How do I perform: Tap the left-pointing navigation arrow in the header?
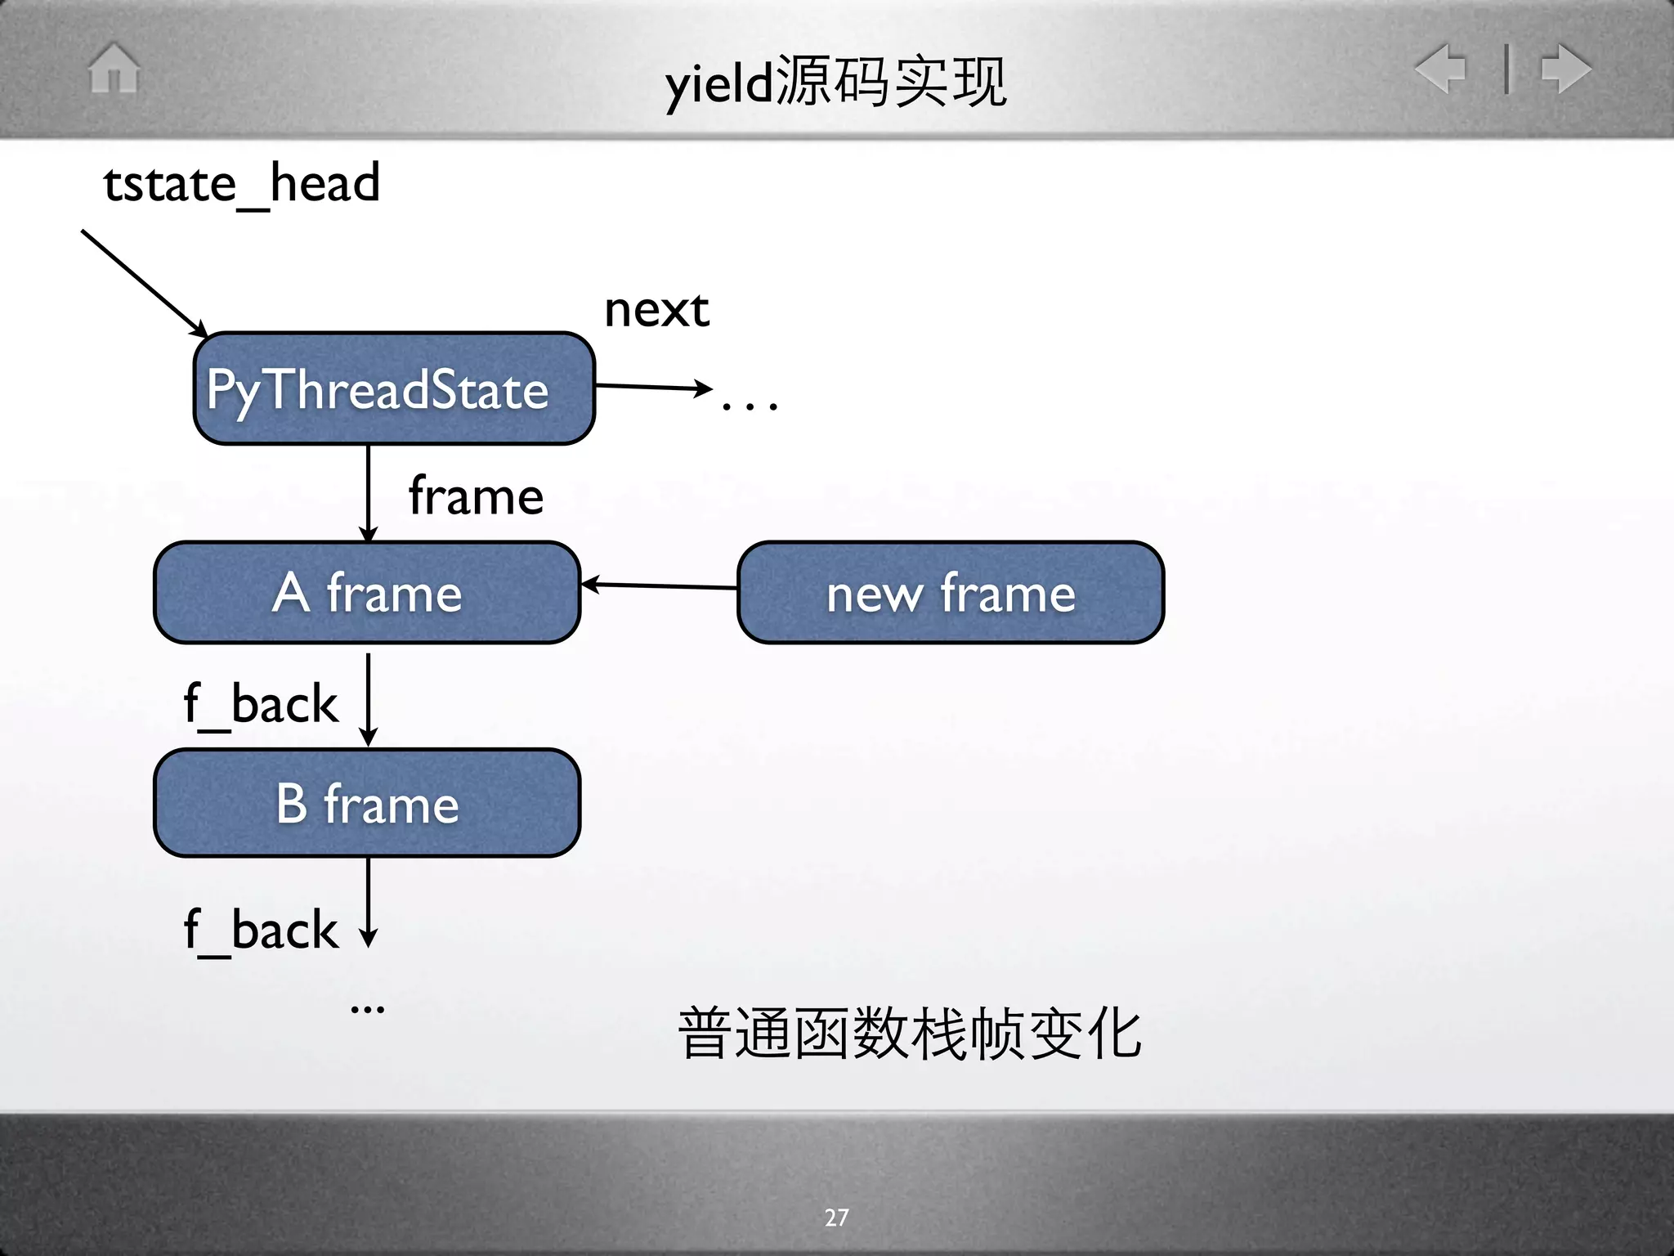[1442, 68]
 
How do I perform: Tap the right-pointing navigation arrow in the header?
[1565, 68]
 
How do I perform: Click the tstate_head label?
[242, 183]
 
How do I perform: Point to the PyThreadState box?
[394, 388]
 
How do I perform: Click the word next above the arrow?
[656, 310]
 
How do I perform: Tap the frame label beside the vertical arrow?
[476, 496]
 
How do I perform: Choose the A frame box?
[367, 593]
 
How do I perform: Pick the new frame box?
[950, 593]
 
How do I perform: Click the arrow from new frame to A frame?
[659, 585]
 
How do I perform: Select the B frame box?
[367, 803]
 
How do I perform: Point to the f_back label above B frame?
[261, 704]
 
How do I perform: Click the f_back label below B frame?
[261, 931]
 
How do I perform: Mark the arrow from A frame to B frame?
[369, 698]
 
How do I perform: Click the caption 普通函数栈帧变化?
[909, 1034]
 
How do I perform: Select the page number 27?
[836, 1218]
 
